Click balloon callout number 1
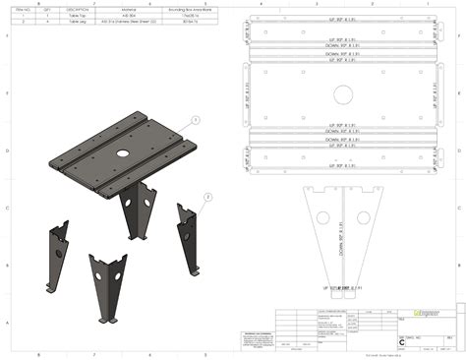pos(196,118)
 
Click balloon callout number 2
pos(207,196)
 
